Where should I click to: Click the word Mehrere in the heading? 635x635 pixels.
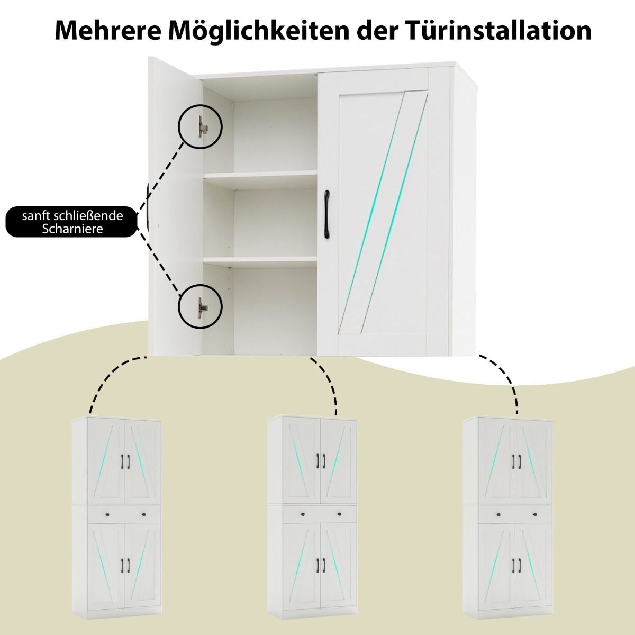click(x=108, y=31)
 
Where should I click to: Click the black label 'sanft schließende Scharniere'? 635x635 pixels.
click(x=71, y=222)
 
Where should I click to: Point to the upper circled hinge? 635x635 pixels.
click(x=202, y=126)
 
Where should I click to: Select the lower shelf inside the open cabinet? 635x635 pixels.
click(x=260, y=260)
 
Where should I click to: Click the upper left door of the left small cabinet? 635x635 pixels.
click(x=106, y=461)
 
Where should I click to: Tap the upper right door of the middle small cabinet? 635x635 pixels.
click(x=339, y=461)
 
